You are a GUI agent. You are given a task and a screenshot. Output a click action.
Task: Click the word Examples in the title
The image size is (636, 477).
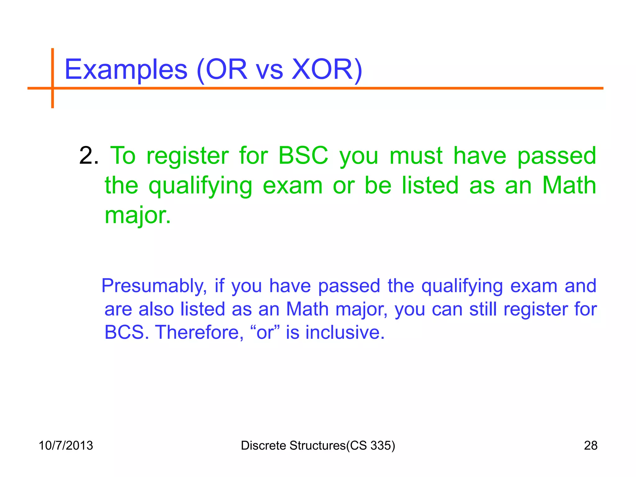click(126, 70)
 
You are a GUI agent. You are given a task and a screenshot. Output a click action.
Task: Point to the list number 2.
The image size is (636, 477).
click(89, 156)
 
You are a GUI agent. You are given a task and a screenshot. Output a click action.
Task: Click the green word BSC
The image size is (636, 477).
click(303, 156)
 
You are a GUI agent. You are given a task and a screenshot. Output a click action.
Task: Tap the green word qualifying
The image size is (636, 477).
click(200, 186)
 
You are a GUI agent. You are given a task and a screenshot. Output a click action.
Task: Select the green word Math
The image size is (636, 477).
click(569, 185)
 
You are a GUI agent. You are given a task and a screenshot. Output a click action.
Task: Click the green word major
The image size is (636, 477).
click(138, 216)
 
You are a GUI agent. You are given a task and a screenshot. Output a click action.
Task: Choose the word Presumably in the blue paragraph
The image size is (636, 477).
click(154, 286)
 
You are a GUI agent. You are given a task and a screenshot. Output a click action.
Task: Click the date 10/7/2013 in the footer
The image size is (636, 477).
click(66, 446)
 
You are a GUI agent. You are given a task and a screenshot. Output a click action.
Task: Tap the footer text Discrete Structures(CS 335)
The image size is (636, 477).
click(318, 446)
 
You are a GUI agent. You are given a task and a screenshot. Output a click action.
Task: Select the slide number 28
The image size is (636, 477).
click(591, 446)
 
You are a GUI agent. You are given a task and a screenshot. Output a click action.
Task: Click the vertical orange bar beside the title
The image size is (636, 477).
click(52, 78)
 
